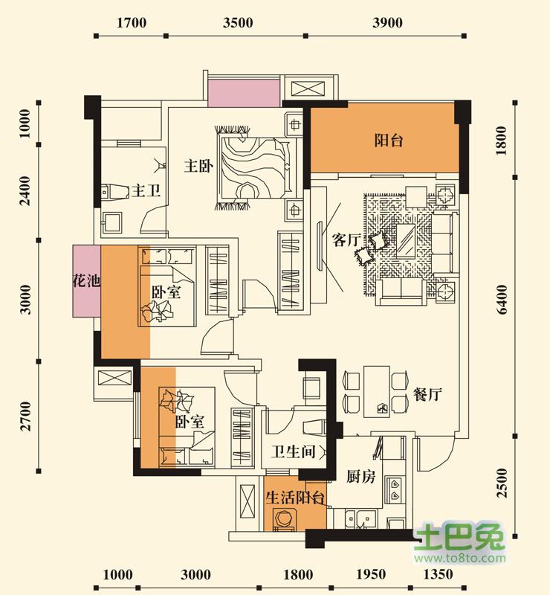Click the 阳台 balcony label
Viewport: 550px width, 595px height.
click(x=389, y=141)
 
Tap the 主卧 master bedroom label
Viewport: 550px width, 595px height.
click(x=198, y=166)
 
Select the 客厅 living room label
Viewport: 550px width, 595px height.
click(x=346, y=239)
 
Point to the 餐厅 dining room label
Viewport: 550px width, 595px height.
click(x=427, y=395)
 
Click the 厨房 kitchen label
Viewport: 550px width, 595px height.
click(x=360, y=477)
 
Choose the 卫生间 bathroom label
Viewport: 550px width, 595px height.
click(x=293, y=451)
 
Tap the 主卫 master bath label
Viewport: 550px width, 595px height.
click(x=146, y=190)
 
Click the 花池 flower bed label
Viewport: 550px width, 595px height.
click(x=86, y=281)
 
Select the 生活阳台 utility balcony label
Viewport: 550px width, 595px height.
click(x=295, y=498)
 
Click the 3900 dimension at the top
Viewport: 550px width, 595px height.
click(x=387, y=23)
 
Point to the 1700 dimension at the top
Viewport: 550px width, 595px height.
click(x=132, y=23)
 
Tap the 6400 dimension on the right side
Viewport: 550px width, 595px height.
click(x=502, y=300)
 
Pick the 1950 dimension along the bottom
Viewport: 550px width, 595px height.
click(x=371, y=574)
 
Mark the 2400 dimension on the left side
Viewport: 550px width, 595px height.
click(x=25, y=191)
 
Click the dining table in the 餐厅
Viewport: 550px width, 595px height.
click(x=377, y=392)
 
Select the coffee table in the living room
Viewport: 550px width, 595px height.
click(x=406, y=240)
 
